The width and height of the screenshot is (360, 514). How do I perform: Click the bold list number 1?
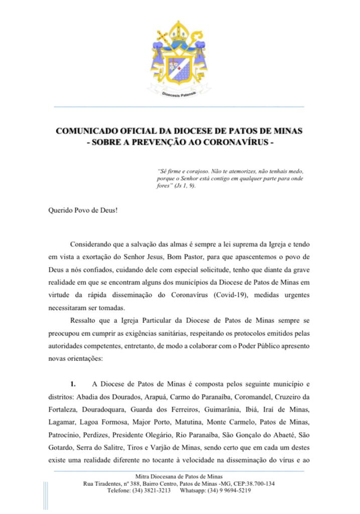tap(73, 384)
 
